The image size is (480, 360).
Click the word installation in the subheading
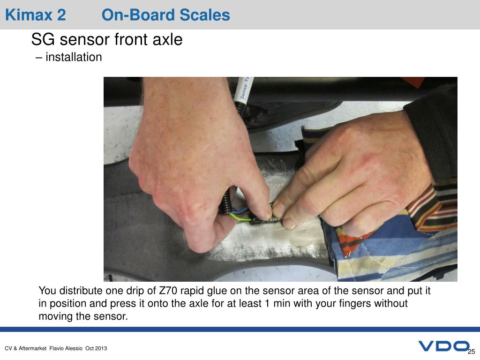[74, 57]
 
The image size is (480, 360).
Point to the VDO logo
[443, 346]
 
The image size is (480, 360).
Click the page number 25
[472, 352]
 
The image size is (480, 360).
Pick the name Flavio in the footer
[57, 348]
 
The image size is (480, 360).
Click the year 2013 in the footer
[101, 348]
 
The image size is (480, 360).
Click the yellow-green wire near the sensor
[241, 217]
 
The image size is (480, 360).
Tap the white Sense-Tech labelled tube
[243, 90]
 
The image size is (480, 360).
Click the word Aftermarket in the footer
[33, 348]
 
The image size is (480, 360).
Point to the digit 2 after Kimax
[61, 15]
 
